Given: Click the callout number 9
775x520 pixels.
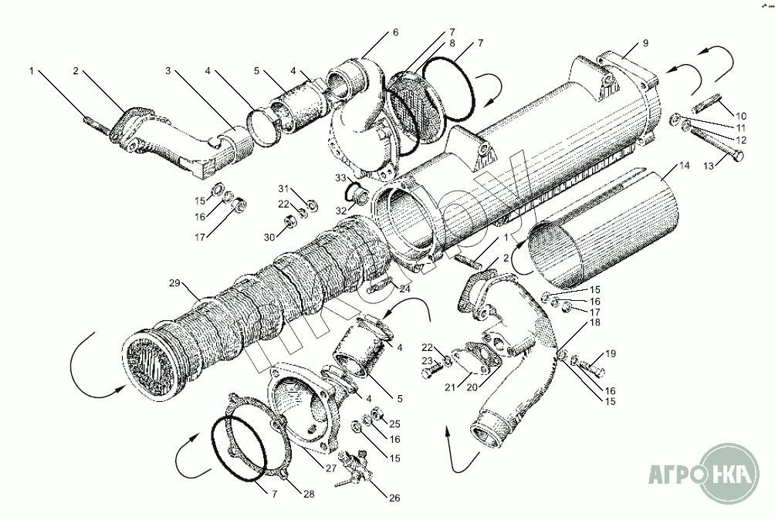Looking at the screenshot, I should pyautogui.click(x=645, y=43).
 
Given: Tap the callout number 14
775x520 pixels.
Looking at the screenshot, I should pyautogui.click(x=683, y=165).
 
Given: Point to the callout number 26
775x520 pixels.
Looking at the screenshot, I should pyautogui.click(x=394, y=498).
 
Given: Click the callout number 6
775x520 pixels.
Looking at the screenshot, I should pyautogui.click(x=395, y=32).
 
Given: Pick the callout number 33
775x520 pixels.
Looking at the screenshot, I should pyautogui.click(x=340, y=178).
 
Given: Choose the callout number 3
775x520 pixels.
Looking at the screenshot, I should pyautogui.click(x=168, y=71).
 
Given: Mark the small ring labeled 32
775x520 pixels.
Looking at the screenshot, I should pyautogui.click(x=357, y=190).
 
